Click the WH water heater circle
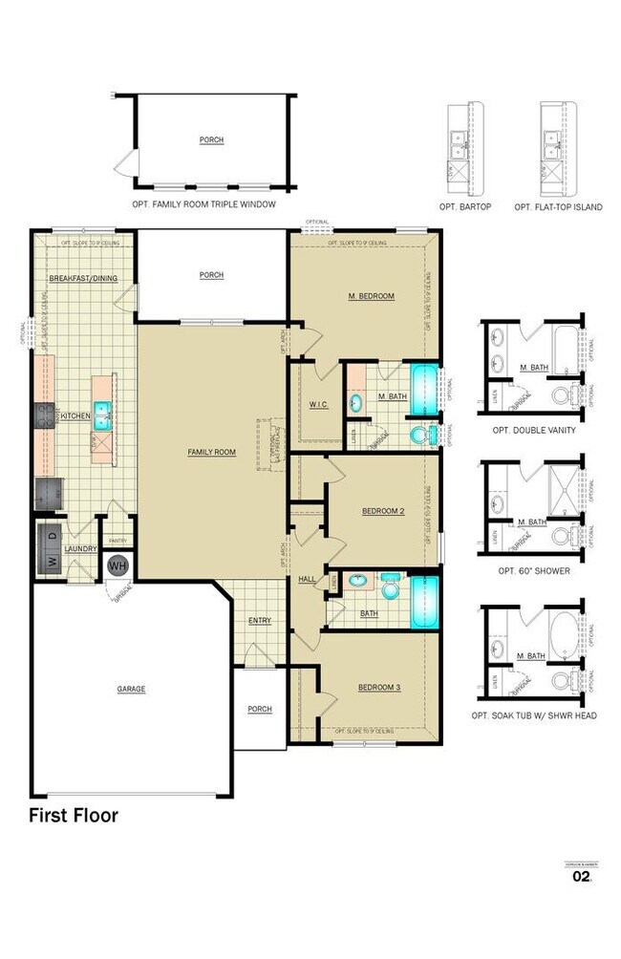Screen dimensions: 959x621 coord(118,565)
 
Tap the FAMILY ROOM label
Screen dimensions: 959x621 coord(211,452)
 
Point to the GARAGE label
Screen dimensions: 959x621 coord(131,689)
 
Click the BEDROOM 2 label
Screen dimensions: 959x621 coord(383,511)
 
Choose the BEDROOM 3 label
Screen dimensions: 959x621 coord(379,688)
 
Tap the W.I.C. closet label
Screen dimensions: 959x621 coord(319,404)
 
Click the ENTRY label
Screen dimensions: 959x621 coord(260,621)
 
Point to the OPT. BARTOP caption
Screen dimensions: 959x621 coord(465,206)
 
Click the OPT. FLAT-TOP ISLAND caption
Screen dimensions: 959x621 coord(558,206)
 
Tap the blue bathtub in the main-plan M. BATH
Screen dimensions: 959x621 coord(424,390)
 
